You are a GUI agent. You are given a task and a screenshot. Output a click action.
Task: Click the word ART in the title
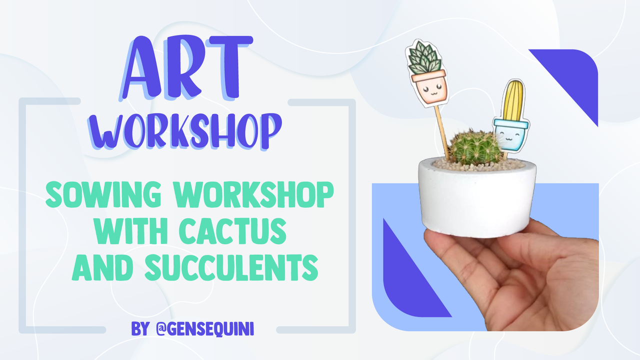tap(185, 68)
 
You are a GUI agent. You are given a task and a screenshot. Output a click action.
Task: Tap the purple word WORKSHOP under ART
tap(185, 131)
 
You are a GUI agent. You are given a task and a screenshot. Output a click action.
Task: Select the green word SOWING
tap(103, 194)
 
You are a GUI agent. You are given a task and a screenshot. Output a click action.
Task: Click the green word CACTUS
tap(232, 231)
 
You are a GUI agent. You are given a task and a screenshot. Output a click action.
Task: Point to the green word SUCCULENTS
tap(231, 267)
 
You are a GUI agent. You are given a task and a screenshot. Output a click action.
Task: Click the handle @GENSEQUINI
tap(205, 329)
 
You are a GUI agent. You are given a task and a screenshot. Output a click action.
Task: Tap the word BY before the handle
tap(140, 329)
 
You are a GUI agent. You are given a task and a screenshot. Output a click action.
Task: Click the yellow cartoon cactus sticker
tap(513, 100)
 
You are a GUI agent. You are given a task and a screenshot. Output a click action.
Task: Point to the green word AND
tap(102, 267)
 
